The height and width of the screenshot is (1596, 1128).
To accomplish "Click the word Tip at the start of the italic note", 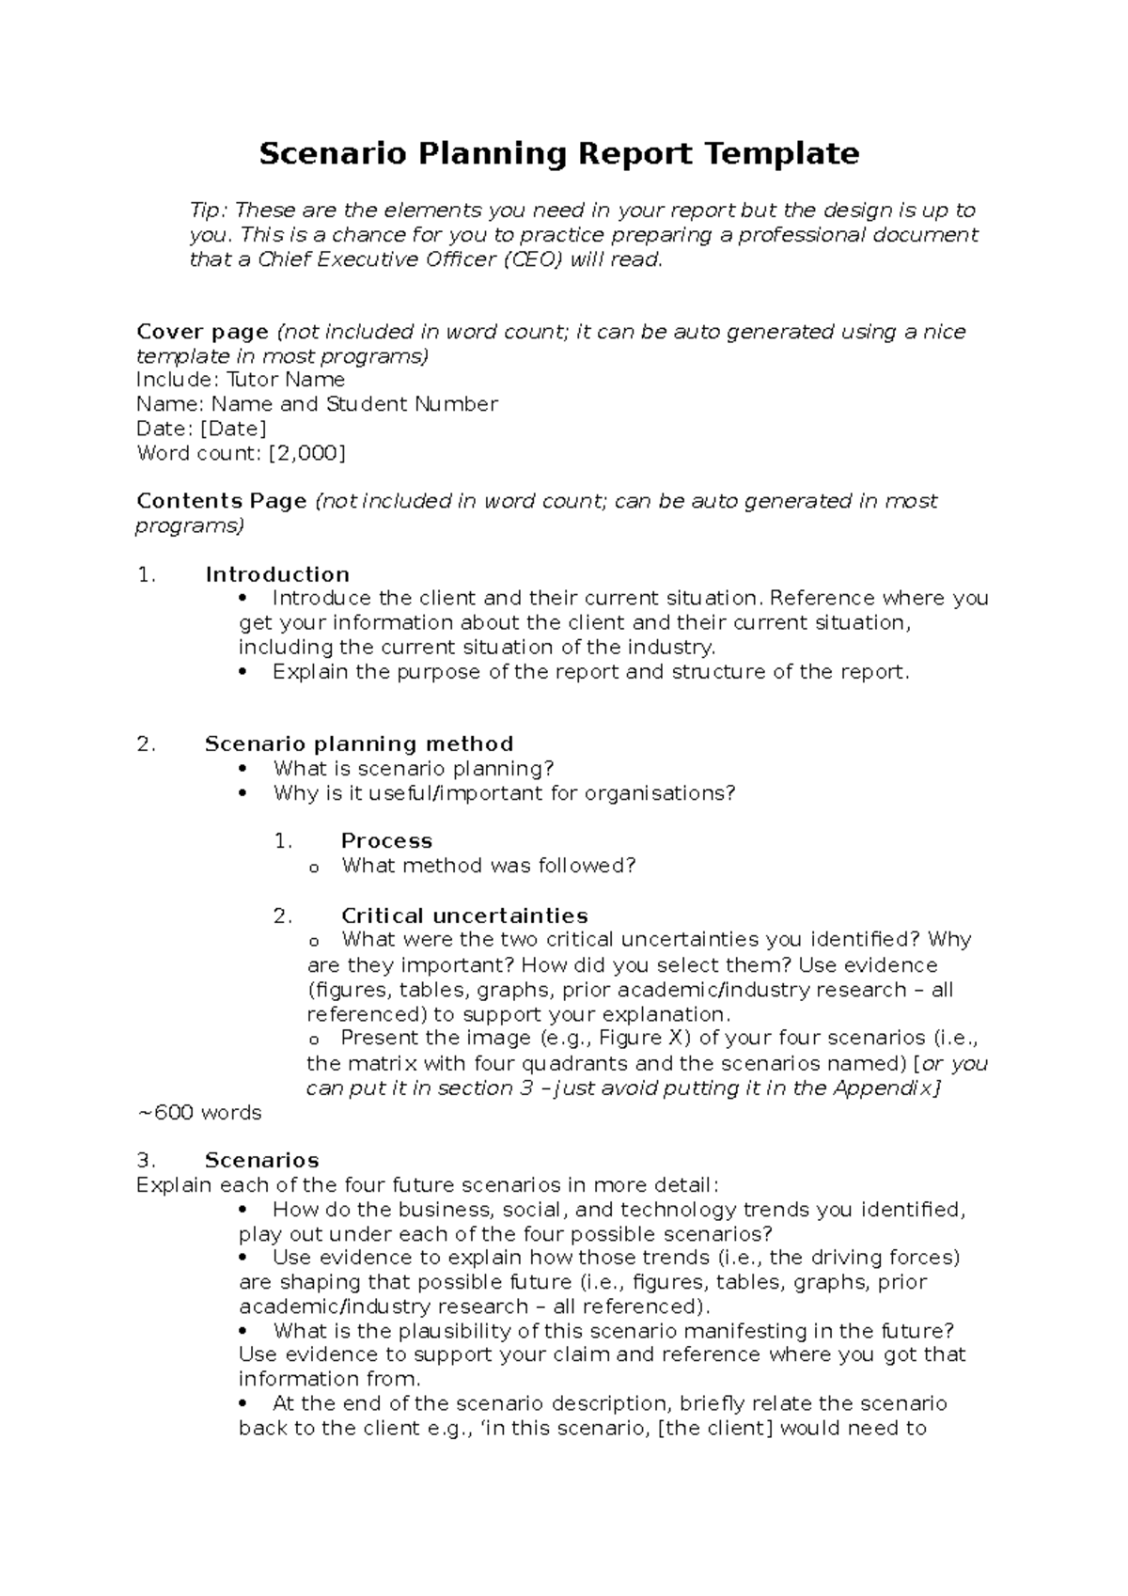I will click(x=208, y=211).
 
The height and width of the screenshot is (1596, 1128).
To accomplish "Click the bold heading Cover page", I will click(x=202, y=332).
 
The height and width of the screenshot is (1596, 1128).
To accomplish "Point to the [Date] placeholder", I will click(x=233, y=429).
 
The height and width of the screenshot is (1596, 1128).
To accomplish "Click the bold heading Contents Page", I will click(x=221, y=501).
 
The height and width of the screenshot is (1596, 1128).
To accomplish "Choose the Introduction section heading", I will click(x=277, y=574).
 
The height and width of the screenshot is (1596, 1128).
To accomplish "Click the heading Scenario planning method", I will click(x=358, y=744).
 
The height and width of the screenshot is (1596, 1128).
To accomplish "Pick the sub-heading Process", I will click(x=386, y=841).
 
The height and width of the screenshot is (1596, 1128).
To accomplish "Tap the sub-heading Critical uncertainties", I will click(x=464, y=915).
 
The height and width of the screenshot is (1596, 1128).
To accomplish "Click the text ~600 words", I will click(x=199, y=1113).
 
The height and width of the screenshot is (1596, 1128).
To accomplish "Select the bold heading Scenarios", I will click(x=261, y=1161).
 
